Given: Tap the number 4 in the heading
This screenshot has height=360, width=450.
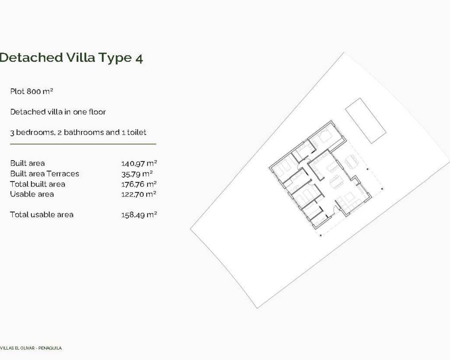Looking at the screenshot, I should [x=139, y=58].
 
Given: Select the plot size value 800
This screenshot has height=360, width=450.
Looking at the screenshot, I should [x=34, y=91].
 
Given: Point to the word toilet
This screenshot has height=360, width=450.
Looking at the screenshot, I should [x=136, y=133].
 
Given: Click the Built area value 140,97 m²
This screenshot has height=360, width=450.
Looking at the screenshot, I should [x=139, y=163].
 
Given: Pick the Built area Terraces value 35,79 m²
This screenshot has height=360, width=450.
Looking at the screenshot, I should [x=137, y=174].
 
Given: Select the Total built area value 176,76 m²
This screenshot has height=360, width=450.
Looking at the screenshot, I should [x=139, y=184].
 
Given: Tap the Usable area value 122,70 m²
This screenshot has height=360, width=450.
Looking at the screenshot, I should [x=139, y=194].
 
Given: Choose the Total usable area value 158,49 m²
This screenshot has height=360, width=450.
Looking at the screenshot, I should [x=139, y=215].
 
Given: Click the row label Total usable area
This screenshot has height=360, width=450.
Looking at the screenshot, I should [x=41, y=215].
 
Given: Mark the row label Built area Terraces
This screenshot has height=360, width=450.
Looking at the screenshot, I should [x=45, y=174].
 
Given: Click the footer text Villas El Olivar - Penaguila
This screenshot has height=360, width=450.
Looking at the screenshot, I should [x=31, y=348].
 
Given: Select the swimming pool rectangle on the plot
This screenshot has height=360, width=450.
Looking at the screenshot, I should [x=366, y=121].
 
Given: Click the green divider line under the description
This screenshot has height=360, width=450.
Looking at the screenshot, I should [x=83, y=144].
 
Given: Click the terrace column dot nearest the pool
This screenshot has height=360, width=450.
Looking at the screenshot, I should [x=368, y=169].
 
